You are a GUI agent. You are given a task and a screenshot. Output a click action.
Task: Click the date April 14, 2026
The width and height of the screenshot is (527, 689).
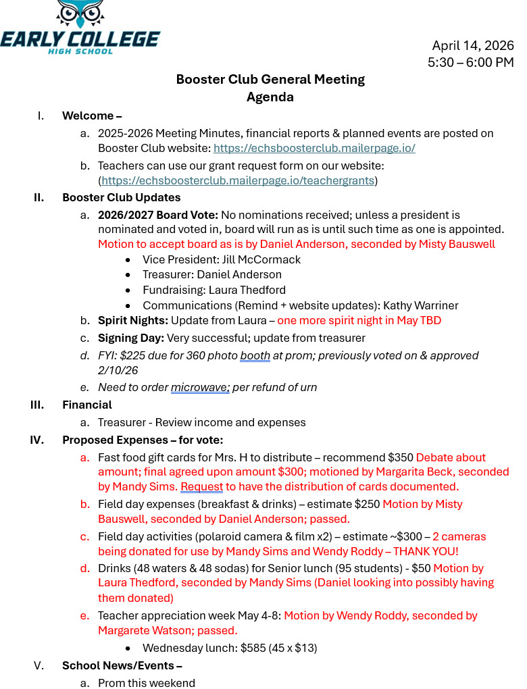(x=473, y=46)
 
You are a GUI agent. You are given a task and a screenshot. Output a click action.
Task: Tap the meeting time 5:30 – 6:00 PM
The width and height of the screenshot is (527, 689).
(x=470, y=62)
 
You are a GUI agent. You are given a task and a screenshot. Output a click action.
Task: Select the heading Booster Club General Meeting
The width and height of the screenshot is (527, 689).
(x=270, y=80)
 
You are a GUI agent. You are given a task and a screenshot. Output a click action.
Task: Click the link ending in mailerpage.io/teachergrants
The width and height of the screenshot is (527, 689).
(x=238, y=180)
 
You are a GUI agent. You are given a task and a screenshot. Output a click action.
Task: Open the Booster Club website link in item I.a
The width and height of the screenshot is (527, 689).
(x=314, y=148)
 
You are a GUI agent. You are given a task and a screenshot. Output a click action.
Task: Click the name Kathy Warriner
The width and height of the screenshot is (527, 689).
(x=420, y=305)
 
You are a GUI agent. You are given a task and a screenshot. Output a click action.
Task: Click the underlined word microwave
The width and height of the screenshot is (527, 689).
(x=200, y=387)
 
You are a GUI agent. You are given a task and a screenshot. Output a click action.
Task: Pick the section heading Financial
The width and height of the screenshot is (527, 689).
(x=87, y=405)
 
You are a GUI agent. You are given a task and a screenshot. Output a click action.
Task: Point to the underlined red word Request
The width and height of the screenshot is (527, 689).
(x=201, y=486)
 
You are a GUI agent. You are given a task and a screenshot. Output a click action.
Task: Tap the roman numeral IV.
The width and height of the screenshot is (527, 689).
(x=36, y=440)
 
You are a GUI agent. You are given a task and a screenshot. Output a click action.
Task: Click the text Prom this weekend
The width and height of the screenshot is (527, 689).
(x=147, y=683)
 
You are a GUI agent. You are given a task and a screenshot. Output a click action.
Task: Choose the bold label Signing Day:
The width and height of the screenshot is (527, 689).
(x=131, y=338)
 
